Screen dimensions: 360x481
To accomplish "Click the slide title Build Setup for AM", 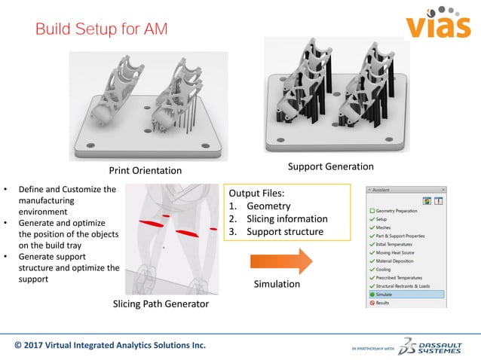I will tap(102, 29).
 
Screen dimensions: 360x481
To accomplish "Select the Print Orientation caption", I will tap(146, 169).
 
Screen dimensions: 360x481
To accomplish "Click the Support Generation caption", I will tap(329, 166).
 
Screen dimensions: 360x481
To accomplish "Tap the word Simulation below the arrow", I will tap(278, 284).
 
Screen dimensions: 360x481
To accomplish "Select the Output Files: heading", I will tap(259, 192).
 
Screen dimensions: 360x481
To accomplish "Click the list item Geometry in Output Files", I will tap(268, 206).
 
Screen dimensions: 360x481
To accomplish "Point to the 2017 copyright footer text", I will tap(110, 346).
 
